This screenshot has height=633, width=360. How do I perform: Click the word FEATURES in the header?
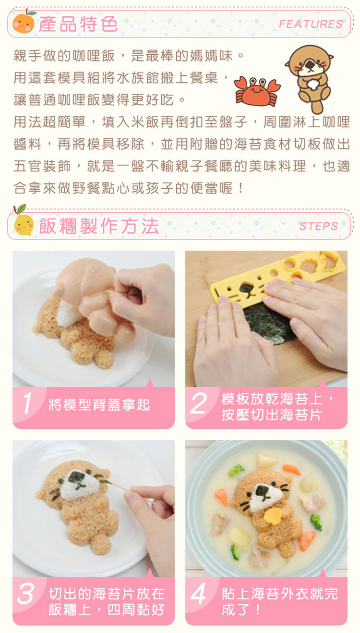point(311,24)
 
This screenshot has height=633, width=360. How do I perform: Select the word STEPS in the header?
point(318,226)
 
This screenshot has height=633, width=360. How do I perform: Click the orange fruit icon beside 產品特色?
point(23,22)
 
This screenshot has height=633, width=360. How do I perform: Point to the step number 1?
point(28,403)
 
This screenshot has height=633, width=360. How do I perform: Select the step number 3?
point(26,594)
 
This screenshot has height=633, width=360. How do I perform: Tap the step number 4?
point(198,594)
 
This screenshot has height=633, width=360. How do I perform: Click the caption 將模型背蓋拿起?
point(99,405)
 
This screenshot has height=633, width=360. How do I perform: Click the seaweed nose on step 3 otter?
point(77,477)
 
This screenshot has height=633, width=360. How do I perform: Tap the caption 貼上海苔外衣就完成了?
point(278,601)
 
